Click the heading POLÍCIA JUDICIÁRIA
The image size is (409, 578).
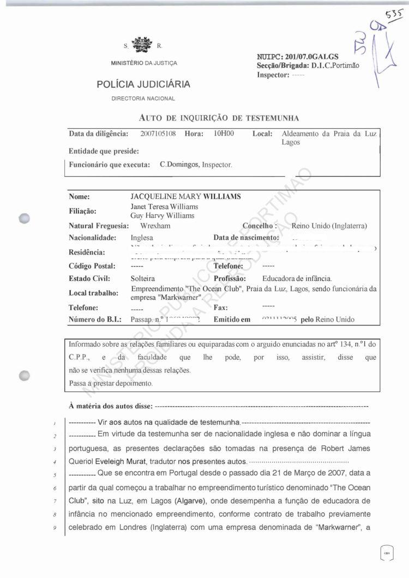tap(143, 85)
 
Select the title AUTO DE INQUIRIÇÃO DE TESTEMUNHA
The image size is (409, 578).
tap(219, 118)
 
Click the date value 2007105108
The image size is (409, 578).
tap(158, 134)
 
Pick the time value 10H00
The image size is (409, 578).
tap(224, 134)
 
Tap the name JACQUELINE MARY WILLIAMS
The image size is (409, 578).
tap(185, 197)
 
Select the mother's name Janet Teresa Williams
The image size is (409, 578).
tap(164, 207)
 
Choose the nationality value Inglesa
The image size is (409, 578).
tap(142, 238)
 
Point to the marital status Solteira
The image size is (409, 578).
tap(144, 279)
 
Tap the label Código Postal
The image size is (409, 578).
tap(92, 266)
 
